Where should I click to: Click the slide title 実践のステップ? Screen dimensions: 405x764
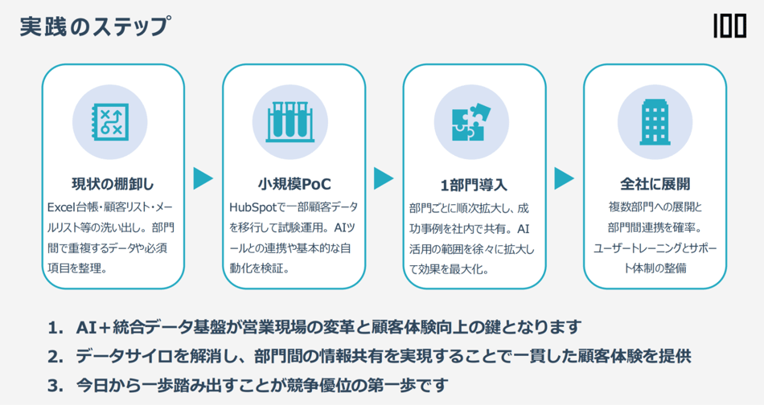[95, 27]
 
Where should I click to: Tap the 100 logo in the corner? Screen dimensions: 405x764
[729, 27]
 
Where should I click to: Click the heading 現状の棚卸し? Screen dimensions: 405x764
[113, 184]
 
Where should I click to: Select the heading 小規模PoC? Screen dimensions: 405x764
[294, 184]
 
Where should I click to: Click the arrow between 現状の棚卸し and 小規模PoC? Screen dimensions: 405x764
[203, 178]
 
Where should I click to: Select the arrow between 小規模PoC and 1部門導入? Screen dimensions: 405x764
[384, 178]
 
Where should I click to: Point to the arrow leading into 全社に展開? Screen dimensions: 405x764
[565, 178]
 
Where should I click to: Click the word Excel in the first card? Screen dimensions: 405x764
[62, 207]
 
